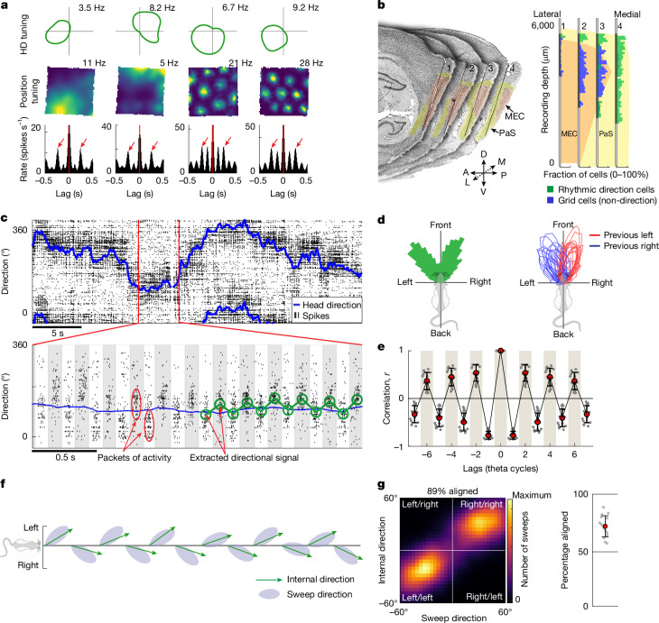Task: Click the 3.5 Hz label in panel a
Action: (91, 7)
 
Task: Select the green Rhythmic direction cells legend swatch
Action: (550, 189)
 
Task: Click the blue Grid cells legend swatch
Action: (550, 201)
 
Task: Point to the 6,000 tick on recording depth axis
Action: (543, 25)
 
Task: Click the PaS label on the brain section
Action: (507, 133)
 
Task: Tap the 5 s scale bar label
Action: (58, 334)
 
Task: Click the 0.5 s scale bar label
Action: (65, 457)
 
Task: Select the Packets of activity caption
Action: (135, 458)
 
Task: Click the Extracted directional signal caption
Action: (244, 458)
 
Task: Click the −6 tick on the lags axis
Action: (427, 454)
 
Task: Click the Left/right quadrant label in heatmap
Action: (420, 504)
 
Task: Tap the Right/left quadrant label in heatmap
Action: (484, 597)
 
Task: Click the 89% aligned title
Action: (452, 491)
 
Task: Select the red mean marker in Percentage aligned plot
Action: (605, 526)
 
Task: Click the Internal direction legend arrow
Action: (269, 580)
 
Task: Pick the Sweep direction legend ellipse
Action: (269, 594)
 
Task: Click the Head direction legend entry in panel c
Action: (328, 306)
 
